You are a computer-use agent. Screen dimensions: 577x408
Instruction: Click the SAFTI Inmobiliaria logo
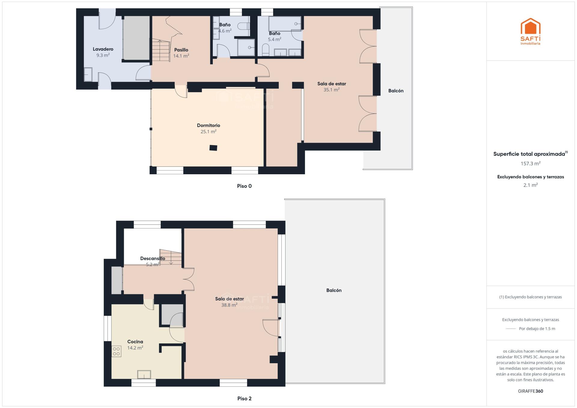tap(530, 31)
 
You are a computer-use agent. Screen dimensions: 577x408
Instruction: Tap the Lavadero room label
tap(103, 49)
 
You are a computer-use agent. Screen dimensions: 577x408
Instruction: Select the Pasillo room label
tap(181, 50)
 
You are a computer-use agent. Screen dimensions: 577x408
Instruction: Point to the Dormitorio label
tap(209, 125)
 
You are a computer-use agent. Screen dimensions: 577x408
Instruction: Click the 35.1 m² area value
tap(331, 90)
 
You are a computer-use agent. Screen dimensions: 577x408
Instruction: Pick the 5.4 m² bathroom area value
tap(274, 39)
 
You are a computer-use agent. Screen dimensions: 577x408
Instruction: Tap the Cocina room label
tap(135, 342)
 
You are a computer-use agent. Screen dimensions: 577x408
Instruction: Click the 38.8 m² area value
tap(229, 305)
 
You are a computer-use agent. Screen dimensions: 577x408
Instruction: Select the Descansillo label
tap(153, 258)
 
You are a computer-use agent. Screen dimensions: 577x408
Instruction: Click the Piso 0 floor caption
tap(244, 186)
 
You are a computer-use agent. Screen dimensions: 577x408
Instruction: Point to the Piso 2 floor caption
tap(244, 398)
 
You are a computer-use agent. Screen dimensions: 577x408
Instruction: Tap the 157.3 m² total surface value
tap(530, 163)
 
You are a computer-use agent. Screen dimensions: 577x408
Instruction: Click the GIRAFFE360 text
tap(530, 391)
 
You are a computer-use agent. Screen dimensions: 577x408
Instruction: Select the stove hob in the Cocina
tap(116, 351)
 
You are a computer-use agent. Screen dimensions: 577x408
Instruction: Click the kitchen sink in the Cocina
tap(144, 375)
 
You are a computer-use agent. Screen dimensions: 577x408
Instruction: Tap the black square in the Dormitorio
tap(213, 148)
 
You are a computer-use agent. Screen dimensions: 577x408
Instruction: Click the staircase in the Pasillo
tap(161, 50)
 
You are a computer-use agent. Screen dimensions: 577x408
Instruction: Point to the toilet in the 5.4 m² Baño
tap(265, 50)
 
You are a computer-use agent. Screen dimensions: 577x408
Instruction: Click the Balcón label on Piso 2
tap(334, 290)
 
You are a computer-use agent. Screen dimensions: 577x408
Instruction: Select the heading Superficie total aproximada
tap(529, 154)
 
